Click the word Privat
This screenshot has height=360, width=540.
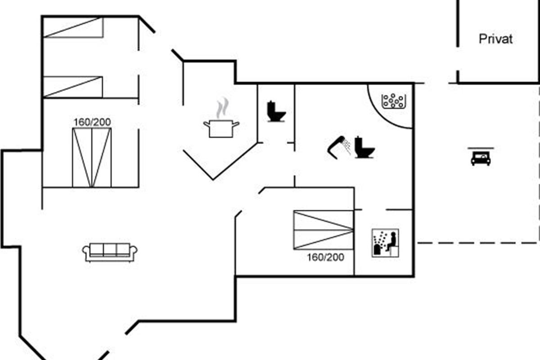pyautogui.click(x=495, y=39)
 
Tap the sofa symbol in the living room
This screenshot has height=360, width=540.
pyautogui.click(x=110, y=252)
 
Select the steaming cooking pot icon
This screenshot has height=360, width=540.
pyautogui.click(x=221, y=127)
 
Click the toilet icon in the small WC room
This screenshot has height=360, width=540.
pyautogui.click(x=276, y=112)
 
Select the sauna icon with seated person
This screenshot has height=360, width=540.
pyautogui.click(x=385, y=243)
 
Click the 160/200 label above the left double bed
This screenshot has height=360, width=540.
pyautogui.click(x=92, y=121)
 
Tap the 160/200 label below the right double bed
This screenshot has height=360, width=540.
pyautogui.click(x=325, y=257)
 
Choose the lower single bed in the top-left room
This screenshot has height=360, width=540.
pyautogui.click(x=73, y=87)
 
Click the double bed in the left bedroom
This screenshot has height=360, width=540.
pyautogui.click(x=92, y=157)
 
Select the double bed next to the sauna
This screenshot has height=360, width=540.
pyautogui.click(x=323, y=229)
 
